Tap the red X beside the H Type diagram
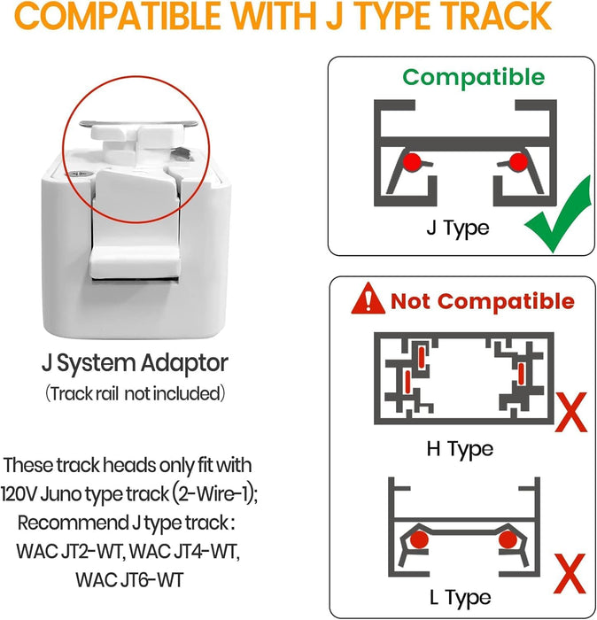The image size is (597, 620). (571, 412)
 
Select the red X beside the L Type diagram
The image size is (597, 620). (570, 573)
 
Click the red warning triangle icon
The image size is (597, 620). (368, 299)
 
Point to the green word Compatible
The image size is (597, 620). (473, 77)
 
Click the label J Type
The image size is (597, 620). (457, 229)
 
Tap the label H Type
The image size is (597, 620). (460, 449)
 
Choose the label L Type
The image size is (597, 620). (461, 598)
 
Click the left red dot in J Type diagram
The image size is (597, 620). (412, 162)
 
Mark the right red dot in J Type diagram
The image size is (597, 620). (518, 162)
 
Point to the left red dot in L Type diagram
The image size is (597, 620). (419, 539)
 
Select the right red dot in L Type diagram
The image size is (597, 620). (508, 539)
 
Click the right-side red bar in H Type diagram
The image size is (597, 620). (522, 373)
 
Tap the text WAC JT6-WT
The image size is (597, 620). (129, 579)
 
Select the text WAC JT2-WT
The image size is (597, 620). (71, 551)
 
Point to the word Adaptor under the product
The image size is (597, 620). (184, 364)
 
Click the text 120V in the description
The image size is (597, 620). (19, 494)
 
